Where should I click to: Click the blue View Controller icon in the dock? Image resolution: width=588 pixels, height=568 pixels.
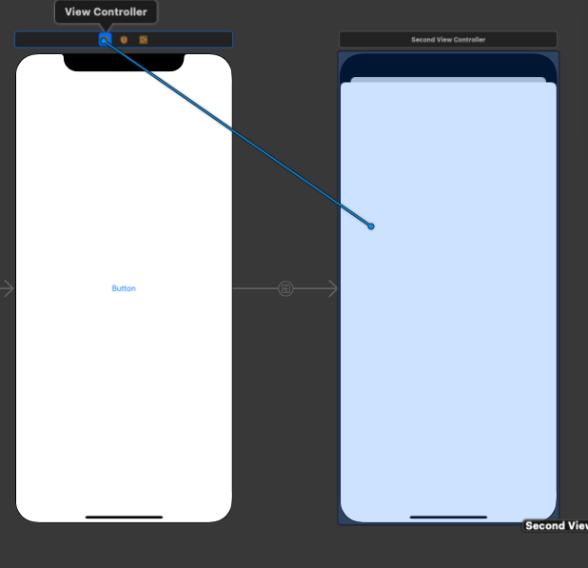pyautogui.click(x=105, y=40)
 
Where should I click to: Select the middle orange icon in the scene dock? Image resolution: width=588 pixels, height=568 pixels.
pyautogui.click(x=124, y=40)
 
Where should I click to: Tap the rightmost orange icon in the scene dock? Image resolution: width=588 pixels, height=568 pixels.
pyautogui.click(x=144, y=40)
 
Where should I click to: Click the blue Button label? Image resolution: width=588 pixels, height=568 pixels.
pyautogui.click(x=124, y=288)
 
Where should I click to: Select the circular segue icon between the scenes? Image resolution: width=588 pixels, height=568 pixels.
pyautogui.click(x=285, y=288)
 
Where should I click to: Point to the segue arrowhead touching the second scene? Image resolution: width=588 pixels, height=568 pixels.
pyautogui.click(x=333, y=288)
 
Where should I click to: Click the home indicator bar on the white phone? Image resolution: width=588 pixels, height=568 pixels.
pyautogui.click(x=124, y=518)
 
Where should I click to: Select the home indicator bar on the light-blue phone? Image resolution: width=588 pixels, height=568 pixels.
pyautogui.click(x=448, y=518)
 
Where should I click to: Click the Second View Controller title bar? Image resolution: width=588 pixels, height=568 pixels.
pyautogui.click(x=448, y=40)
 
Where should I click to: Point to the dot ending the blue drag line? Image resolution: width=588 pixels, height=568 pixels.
pyautogui.click(x=371, y=226)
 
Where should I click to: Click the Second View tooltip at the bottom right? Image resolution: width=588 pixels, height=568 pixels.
pyautogui.click(x=557, y=526)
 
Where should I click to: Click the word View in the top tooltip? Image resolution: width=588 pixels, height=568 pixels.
pyautogui.click(x=77, y=12)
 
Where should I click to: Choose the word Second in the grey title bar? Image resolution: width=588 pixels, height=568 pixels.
pyautogui.click(x=422, y=40)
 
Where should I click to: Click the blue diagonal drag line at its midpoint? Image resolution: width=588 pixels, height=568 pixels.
pyautogui.click(x=238, y=133)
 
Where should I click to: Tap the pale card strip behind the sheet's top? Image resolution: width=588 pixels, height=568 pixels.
pyautogui.click(x=448, y=80)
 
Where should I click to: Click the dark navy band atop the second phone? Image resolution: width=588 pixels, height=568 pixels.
pyautogui.click(x=448, y=65)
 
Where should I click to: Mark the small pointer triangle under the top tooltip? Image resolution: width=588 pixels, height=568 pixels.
pyautogui.click(x=106, y=28)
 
